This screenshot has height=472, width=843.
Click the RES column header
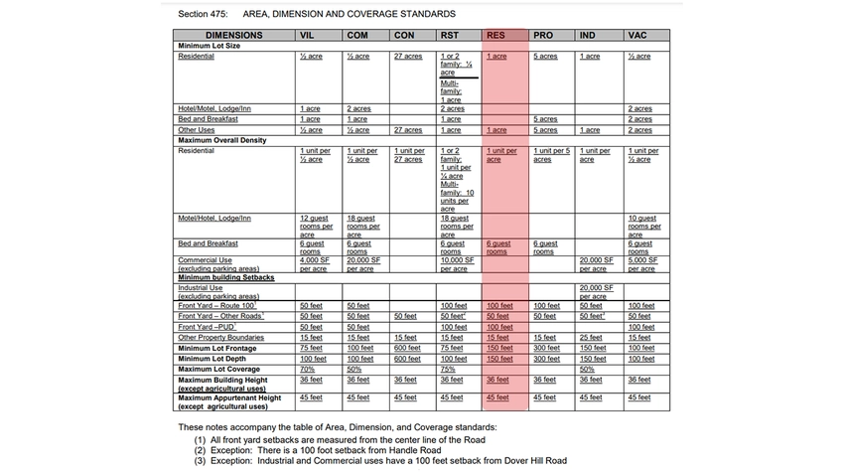pos(495,36)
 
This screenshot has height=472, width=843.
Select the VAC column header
pos(637,36)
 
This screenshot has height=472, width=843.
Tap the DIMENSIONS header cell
pos(234,36)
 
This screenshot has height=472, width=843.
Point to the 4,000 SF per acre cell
pos(314,264)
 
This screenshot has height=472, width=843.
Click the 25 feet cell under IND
pos(592,338)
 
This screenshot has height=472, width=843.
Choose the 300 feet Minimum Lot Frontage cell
pos(546,348)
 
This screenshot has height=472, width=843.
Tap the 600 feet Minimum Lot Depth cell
pos(405,359)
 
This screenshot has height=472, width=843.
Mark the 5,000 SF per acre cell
pos(641,264)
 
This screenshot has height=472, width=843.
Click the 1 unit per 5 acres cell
pos(551,154)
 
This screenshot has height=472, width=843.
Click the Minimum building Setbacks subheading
pos(225,277)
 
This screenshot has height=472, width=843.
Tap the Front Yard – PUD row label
pos(210,327)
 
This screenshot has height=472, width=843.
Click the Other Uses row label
pos(196,130)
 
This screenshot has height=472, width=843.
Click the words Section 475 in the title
pos(204,14)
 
